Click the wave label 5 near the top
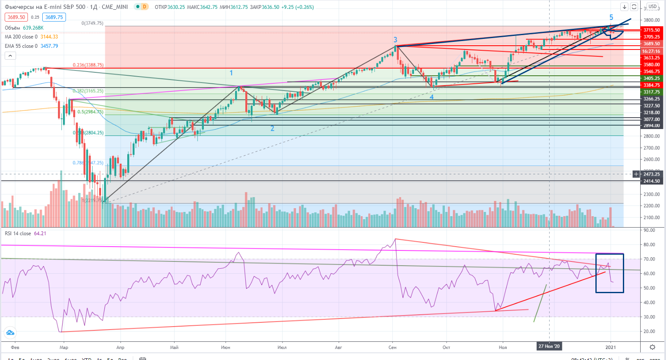click(611, 17)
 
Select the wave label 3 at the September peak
click(395, 40)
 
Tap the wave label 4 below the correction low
click(431, 97)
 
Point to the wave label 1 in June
click(231, 73)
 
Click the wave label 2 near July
click(272, 128)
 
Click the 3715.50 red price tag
click(651, 30)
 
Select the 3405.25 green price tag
click(651, 78)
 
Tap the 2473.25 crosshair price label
click(651, 174)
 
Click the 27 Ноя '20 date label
click(549, 346)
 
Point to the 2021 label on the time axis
click(610, 347)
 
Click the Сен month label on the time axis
click(392, 347)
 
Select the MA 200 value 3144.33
click(49, 37)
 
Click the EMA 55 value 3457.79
click(49, 46)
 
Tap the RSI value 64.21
click(40, 234)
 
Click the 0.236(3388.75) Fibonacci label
click(88, 65)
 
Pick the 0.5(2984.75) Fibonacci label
click(90, 112)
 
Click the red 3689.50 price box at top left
click(16, 17)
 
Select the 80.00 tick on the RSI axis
click(649, 245)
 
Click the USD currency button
click(652, 6)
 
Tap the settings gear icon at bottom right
click(652, 347)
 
